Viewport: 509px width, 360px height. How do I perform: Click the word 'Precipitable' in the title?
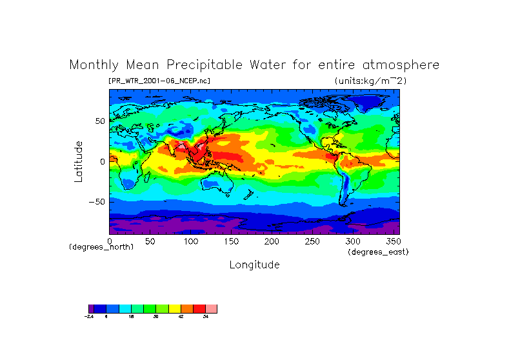[210, 65]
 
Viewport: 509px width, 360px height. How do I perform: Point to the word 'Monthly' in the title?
[95, 65]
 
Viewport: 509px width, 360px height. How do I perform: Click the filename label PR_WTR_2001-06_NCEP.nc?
[159, 81]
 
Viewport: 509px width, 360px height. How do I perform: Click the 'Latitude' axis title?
[78, 161]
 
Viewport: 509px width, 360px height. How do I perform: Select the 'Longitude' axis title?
[254, 265]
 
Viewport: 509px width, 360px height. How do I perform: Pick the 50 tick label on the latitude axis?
[100, 121]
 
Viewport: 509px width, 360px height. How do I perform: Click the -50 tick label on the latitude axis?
[97, 202]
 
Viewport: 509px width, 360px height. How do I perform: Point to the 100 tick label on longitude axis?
[190, 241]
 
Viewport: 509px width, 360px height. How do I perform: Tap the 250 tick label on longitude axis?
[312, 241]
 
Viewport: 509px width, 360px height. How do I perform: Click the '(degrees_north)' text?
[101, 246]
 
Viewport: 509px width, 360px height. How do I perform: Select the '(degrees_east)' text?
[378, 252]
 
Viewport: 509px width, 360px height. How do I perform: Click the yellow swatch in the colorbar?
[175, 308]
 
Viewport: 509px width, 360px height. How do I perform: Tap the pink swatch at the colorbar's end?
[212, 308]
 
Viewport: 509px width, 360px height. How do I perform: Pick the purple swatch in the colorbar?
[91, 308]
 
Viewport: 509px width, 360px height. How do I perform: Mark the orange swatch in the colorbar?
[187, 308]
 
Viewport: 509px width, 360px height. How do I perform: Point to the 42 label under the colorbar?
[181, 317]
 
